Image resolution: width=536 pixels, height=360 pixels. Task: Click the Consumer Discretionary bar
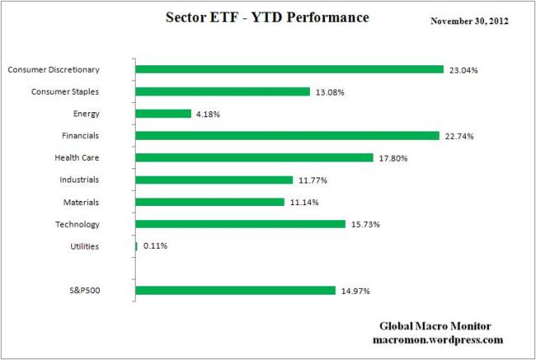(x=289, y=69)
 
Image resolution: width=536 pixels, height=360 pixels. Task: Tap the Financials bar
(x=286, y=136)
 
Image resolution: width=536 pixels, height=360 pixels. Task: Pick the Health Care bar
(x=254, y=157)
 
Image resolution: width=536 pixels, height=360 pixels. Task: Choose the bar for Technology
(x=240, y=224)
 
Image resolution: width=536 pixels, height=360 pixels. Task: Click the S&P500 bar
(x=234, y=291)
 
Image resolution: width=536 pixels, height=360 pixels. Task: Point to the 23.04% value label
(x=463, y=70)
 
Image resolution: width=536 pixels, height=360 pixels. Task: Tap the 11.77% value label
(x=312, y=180)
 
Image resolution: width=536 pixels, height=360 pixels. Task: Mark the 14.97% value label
(x=354, y=291)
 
